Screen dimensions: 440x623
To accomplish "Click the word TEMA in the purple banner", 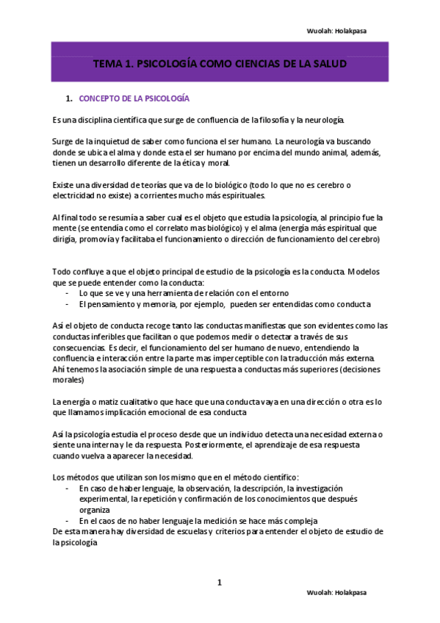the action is tap(107, 64).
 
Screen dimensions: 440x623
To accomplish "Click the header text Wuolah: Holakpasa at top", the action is tap(336, 30).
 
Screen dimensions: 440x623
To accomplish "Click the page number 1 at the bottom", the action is tap(219, 583).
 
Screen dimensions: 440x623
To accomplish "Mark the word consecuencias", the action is tap(78, 347).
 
